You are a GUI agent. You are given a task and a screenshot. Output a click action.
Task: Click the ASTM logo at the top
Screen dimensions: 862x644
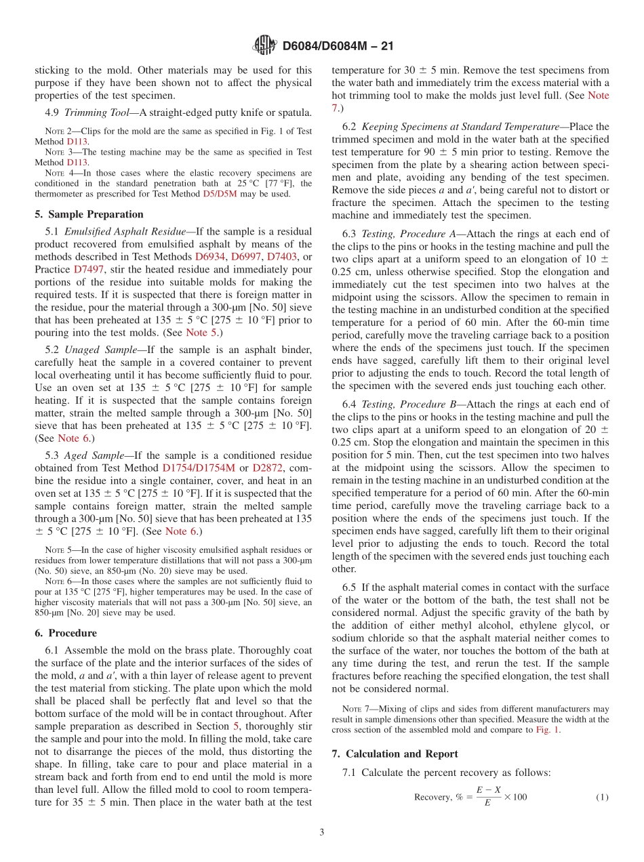coord(264,46)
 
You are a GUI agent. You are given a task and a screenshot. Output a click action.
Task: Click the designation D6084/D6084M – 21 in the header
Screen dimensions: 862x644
coord(338,47)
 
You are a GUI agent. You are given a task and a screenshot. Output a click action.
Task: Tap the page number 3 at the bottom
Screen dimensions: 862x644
coord(322,832)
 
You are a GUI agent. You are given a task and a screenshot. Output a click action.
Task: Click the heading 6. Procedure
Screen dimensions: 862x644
coord(66,633)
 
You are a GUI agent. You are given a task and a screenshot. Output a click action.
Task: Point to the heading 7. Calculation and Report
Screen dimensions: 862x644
coord(395,754)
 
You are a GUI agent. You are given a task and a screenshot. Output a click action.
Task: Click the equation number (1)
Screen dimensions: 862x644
coord(602,797)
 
